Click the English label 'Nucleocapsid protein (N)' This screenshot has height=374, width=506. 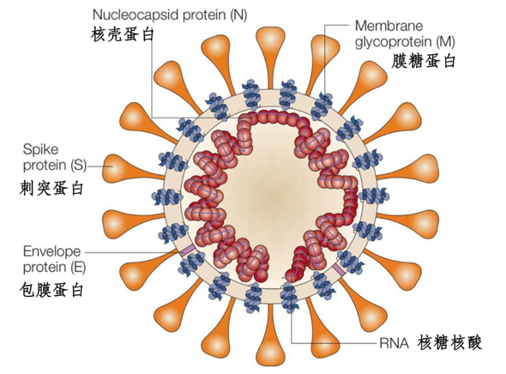pyautogui.click(x=170, y=15)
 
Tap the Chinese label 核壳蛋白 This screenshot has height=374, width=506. pyautogui.click(x=123, y=34)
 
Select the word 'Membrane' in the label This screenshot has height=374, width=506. pyautogui.click(x=389, y=26)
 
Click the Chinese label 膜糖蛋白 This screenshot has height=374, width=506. pyautogui.click(x=423, y=61)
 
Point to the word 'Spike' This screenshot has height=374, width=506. pyautogui.click(x=40, y=149)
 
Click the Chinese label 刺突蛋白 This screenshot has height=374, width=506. pyautogui.click(x=51, y=188)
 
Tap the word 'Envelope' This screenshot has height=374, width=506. pyautogui.click(x=52, y=251)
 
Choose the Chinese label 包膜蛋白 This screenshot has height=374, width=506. pyautogui.click(x=51, y=290)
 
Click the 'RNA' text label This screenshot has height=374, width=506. pyautogui.click(x=394, y=343)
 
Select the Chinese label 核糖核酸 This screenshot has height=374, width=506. pyautogui.click(x=449, y=342)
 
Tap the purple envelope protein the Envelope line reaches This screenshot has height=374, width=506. pyautogui.click(x=187, y=250)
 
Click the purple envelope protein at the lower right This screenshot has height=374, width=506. pyautogui.click(x=338, y=269)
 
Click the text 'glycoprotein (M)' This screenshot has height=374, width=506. pyautogui.click(x=405, y=42)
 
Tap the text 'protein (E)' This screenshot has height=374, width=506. pyautogui.click(x=54, y=268)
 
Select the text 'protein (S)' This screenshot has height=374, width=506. pyautogui.click(x=55, y=166)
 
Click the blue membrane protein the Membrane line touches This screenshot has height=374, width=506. pyautogui.click(x=322, y=106)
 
